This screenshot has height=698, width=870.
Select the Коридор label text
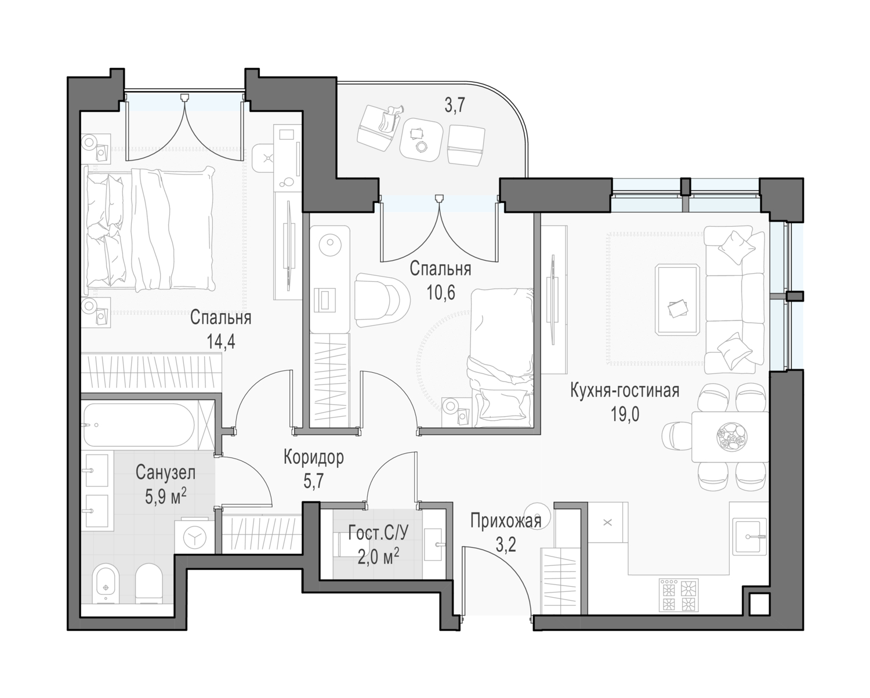[314, 457]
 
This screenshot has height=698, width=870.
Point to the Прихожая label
[506, 521]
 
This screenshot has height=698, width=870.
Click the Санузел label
[165, 472]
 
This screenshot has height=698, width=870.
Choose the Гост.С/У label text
[378, 534]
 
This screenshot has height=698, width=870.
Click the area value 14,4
[221, 342]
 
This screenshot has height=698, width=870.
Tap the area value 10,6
[441, 293]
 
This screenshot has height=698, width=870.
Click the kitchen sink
[751, 537]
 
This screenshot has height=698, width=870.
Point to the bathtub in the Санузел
[139, 425]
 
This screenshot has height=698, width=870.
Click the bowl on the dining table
[732, 437]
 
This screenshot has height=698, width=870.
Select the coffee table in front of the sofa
[677, 300]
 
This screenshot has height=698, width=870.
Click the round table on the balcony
[421, 140]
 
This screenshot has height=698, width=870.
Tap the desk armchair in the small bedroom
[382, 300]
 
